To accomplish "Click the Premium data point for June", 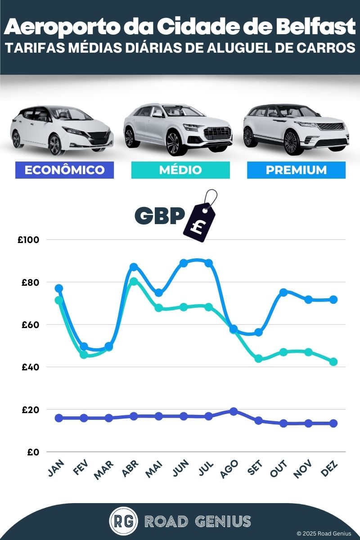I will [184, 263].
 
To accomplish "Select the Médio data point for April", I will [134, 282].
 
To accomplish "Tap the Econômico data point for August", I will [234, 411].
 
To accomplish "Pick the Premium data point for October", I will [283, 292].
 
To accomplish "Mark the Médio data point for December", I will [333, 362].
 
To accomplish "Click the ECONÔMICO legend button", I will [64, 170].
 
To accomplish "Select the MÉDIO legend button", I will [180, 170].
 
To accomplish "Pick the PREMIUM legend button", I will [296, 170].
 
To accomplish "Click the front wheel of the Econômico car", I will [55, 144].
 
